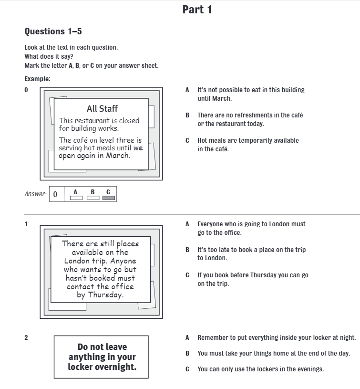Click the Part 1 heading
[x=197, y=10]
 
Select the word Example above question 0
[x=37, y=79]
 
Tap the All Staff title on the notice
[x=102, y=109]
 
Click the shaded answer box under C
[x=109, y=198]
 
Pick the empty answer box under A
[x=76, y=198]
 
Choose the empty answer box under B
[x=93, y=198]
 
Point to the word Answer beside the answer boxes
[x=35, y=194]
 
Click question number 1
[x=26, y=224]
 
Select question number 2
[x=26, y=338]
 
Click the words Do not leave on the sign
[x=102, y=347]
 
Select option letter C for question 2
[x=187, y=369]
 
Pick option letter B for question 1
[x=187, y=250]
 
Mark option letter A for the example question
[x=187, y=90]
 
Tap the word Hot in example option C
[x=203, y=140]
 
